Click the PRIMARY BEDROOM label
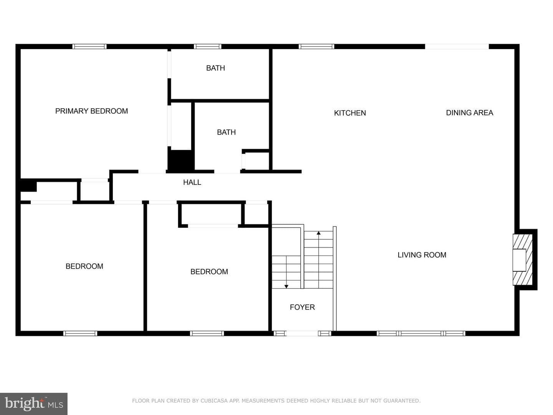(x=91, y=111)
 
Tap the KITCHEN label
(x=350, y=113)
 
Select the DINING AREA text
(x=470, y=113)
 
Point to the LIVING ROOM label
(x=422, y=255)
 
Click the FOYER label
(x=302, y=307)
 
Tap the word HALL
(x=192, y=183)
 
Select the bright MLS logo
(x=34, y=403)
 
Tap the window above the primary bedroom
(x=89, y=46)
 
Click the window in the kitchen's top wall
(x=316, y=46)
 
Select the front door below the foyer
(x=302, y=334)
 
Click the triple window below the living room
(x=421, y=334)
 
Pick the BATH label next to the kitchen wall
(x=226, y=132)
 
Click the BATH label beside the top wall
(x=215, y=68)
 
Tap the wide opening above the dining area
(x=457, y=46)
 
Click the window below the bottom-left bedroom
(x=80, y=334)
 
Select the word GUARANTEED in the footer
(x=402, y=401)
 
